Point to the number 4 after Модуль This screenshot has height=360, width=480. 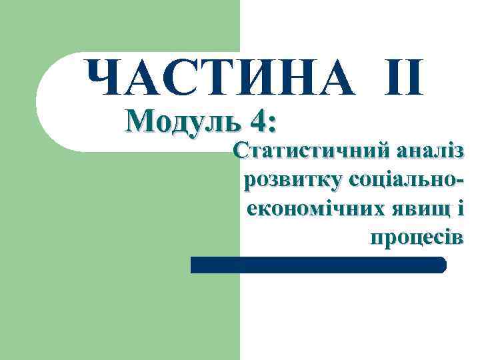258,122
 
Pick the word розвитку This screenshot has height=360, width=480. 293,180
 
